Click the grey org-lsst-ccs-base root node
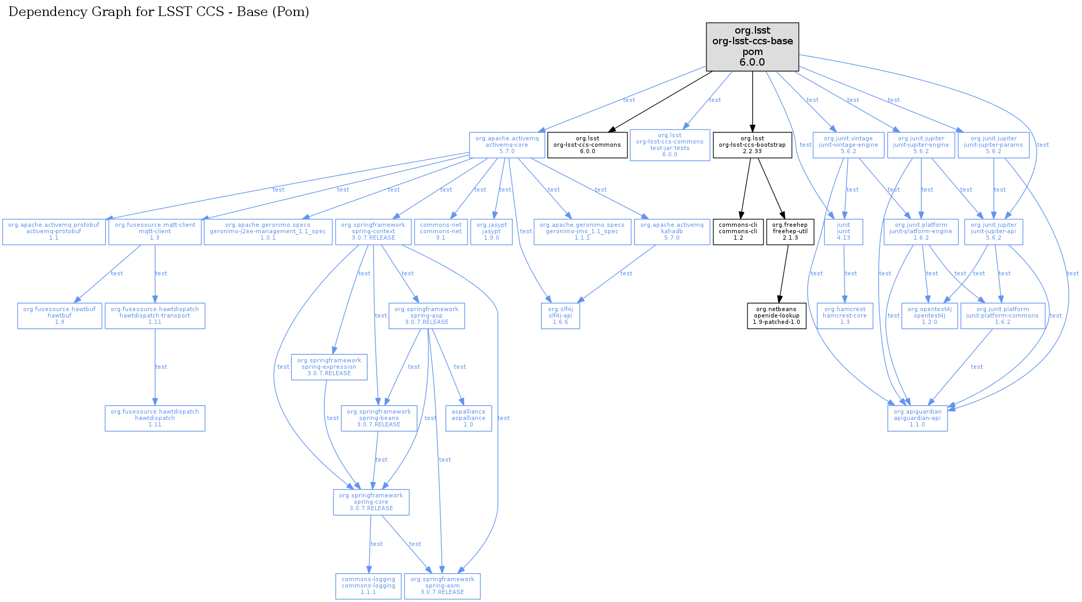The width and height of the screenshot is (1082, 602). [752, 46]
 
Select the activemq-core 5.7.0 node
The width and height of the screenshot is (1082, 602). [507, 145]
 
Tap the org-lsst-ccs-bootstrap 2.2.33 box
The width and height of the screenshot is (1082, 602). [752, 145]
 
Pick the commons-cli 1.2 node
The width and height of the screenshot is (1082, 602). [738, 232]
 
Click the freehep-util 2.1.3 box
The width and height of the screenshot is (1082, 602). [790, 232]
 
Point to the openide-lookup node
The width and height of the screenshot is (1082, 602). [776, 316]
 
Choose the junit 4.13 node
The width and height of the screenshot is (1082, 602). [844, 232]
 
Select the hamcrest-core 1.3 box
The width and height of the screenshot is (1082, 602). [845, 316]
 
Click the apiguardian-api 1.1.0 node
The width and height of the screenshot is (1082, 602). [917, 418]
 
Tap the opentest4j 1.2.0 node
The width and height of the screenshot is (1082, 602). [929, 316]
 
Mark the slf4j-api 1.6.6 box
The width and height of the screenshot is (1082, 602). [560, 316]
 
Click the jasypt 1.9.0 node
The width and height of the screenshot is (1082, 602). [491, 232]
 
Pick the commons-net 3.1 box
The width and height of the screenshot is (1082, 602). [441, 232]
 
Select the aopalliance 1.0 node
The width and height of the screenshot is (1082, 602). [468, 418]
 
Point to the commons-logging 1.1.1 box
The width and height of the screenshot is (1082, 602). [368, 586]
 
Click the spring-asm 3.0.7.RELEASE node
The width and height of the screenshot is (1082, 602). [442, 586]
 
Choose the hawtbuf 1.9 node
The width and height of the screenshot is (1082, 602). [59, 316]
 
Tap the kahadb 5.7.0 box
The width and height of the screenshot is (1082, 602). [672, 232]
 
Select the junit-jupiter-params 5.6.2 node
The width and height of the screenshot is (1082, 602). [993, 145]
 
